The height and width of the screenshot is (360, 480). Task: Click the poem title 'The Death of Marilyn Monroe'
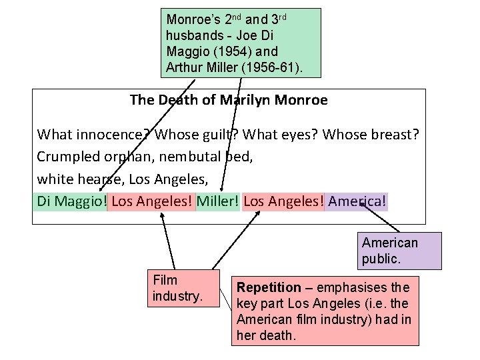[229, 101]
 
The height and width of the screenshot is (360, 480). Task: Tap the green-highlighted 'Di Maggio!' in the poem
[71, 201]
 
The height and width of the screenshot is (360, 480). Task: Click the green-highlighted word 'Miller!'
[217, 201]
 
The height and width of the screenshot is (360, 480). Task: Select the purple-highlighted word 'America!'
[357, 201]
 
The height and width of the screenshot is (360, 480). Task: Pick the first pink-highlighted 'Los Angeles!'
[152, 201]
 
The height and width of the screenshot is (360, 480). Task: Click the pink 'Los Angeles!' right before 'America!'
[283, 201]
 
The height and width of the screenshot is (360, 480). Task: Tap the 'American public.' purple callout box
[400, 251]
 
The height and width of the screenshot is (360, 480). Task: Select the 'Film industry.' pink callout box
[183, 288]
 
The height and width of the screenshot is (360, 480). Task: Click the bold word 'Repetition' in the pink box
[269, 288]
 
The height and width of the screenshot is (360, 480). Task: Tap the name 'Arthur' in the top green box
[183, 66]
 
